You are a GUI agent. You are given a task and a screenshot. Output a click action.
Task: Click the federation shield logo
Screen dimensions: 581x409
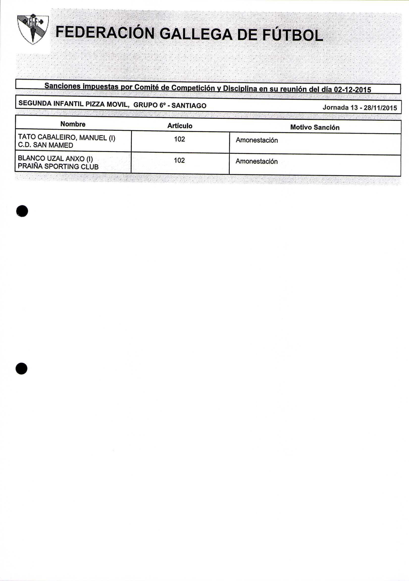33,28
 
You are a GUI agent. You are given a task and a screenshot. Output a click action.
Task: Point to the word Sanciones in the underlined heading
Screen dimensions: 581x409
62,86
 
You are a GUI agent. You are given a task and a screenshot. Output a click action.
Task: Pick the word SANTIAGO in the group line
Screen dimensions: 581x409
189,106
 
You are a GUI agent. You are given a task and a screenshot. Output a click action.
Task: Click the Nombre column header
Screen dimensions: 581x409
73,124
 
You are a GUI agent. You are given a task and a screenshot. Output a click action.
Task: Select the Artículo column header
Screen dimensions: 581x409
180,126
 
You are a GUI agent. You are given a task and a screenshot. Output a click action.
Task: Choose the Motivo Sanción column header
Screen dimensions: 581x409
315,127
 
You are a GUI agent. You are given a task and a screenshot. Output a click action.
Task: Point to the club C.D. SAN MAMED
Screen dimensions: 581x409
46,145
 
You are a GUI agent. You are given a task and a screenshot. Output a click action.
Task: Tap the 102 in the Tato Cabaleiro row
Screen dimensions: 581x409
179,139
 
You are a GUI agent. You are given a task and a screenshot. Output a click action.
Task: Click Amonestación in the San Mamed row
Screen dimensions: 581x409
256,140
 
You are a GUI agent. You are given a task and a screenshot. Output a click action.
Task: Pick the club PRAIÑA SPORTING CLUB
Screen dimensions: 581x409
58,167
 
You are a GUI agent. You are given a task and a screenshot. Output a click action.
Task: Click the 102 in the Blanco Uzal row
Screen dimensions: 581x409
179,160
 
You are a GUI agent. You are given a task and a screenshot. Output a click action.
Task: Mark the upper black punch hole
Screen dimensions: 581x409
22,211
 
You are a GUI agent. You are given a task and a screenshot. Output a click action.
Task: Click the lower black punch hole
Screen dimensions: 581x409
22,368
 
